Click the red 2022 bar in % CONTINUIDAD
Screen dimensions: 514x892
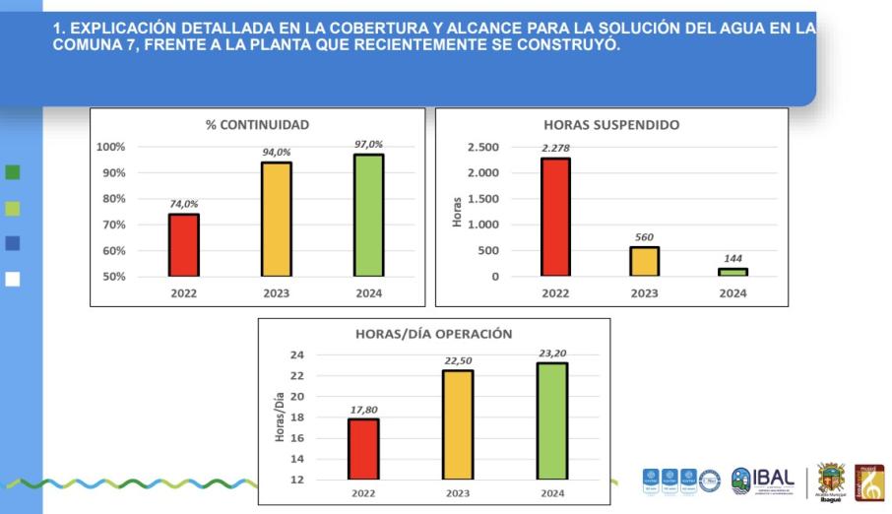(183, 245)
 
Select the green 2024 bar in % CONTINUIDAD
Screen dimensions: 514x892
(369, 215)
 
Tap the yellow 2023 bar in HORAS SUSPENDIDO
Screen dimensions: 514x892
(644, 261)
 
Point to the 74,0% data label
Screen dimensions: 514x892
(184, 204)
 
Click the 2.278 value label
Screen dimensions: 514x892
(555, 148)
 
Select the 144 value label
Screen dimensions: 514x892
(733, 258)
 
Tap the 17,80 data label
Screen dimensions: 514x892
(363, 409)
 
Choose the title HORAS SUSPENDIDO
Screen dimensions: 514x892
(611, 125)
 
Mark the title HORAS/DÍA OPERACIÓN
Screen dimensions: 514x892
(433, 334)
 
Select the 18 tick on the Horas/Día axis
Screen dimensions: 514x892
(297, 418)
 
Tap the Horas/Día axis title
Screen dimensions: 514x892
(280, 418)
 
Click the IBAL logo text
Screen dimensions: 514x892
(773, 479)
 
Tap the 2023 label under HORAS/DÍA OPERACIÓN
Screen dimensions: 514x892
(458, 493)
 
